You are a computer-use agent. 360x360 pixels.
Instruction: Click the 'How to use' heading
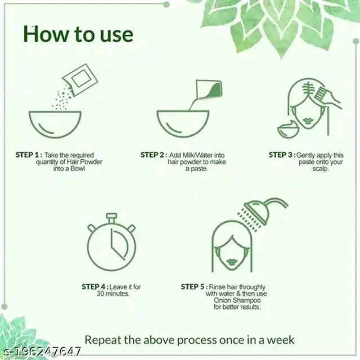pyautogui.click(x=78, y=34)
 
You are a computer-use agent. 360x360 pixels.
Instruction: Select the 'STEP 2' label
pyautogui.click(x=152, y=155)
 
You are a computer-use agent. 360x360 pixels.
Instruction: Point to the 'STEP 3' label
pyautogui.click(x=281, y=155)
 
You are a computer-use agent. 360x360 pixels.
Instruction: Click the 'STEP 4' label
pyautogui.click(x=94, y=287)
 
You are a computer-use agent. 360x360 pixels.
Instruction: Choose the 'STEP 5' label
pyautogui.click(x=192, y=287)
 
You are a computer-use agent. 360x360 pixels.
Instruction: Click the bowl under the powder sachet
pyautogui.click(x=55, y=124)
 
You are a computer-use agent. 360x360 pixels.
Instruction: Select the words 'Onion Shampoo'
pyautogui.click(x=237, y=300)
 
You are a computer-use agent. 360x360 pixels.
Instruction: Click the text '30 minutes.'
pyautogui.click(x=113, y=294)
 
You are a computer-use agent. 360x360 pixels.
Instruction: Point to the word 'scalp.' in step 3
pyautogui.click(x=320, y=169)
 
